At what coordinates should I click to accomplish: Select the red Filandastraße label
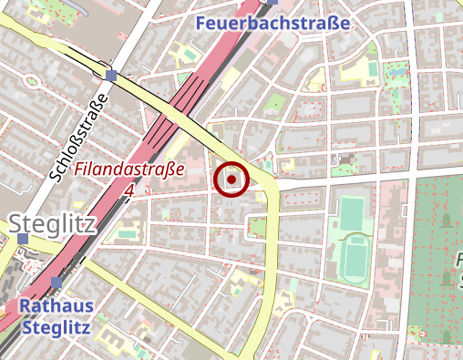coord(130,169)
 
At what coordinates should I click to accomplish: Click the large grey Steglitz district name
coord(52,222)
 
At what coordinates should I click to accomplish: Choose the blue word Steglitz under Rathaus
coord(57,326)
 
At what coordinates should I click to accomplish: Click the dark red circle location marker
coord(231,180)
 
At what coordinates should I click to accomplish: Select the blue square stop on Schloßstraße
coord(111,76)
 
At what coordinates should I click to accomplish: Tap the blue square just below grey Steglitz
coord(23,240)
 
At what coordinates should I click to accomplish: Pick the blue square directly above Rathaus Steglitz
coord(57,283)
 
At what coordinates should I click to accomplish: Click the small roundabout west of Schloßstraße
coord(32,80)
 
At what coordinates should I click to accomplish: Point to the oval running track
coord(353,259)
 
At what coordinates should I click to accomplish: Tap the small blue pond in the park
coord(445,220)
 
